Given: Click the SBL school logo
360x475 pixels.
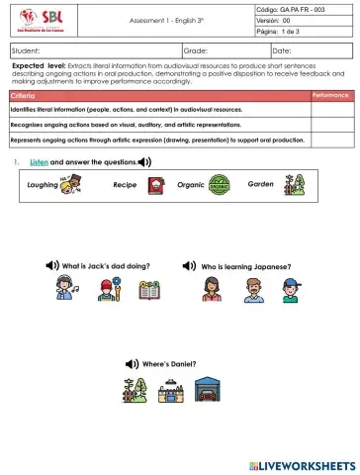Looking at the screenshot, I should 35,21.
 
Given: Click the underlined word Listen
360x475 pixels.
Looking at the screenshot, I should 40,161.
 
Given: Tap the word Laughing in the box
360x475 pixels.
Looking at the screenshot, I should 43,184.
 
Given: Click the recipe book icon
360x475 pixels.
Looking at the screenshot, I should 154,184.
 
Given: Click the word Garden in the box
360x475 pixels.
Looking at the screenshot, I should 261,184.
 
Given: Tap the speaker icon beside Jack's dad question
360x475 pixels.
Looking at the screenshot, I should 52,266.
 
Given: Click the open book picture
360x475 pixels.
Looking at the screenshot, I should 149,290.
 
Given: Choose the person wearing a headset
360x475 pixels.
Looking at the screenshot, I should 65,290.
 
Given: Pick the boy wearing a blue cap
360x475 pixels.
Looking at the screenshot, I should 290,290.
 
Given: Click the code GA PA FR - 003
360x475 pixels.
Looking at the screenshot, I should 305,9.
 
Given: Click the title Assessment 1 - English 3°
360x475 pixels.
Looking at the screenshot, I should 170,21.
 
